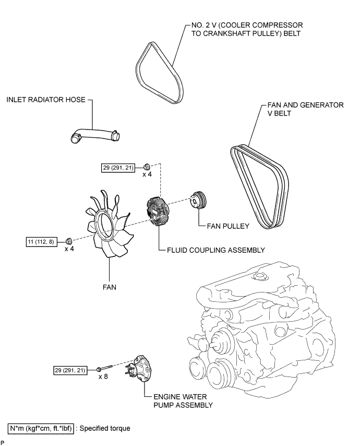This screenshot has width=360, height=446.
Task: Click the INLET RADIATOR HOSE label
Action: click(46, 99)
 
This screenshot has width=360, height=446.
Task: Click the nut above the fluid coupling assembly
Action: click(147, 167)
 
